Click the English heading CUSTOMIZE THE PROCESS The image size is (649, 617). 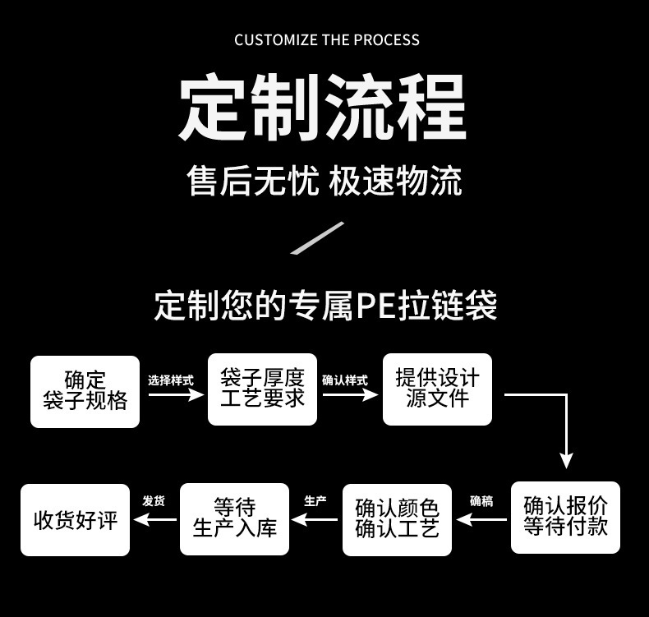[327, 40]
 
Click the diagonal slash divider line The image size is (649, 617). [318, 238]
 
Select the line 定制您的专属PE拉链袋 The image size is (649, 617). [325, 306]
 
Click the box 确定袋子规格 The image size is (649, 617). [85, 391]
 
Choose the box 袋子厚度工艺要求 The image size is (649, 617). [262, 389]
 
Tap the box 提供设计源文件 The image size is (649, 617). [437, 389]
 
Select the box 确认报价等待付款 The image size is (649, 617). [565, 517]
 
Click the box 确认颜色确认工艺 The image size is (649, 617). [397, 519]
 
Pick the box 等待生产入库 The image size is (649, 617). [234, 518]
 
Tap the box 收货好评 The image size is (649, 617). [76, 520]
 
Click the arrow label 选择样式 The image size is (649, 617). [171, 380]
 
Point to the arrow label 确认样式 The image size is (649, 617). [345, 380]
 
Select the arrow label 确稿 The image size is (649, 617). [481, 501]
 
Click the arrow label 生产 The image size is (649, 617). [315, 501]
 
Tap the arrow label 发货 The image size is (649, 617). [154, 501]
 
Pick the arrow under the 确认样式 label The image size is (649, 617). [349, 394]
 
